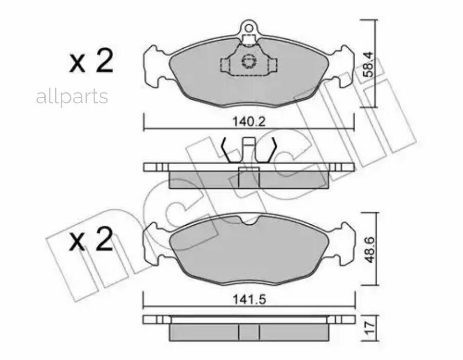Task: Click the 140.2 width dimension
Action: click(x=249, y=121)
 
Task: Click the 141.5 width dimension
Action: click(x=250, y=300)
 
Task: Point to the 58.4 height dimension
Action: click(x=369, y=64)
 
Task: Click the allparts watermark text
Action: click(x=72, y=97)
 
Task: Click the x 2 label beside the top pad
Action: click(x=91, y=61)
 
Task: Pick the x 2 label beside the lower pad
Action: click(x=91, y=239)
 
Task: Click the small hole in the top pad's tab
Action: click(x=249, y=28)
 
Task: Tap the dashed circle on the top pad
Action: click(x=248, y=61)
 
